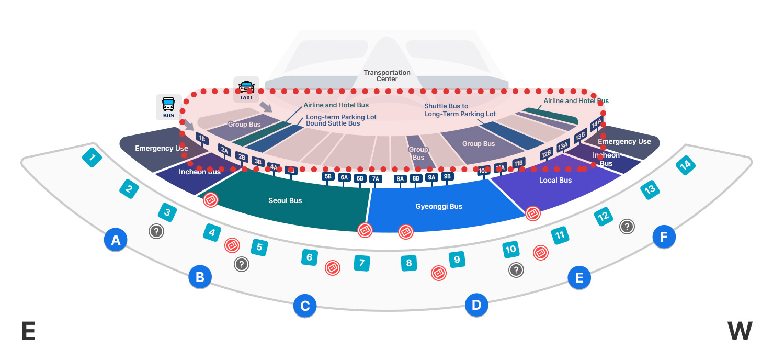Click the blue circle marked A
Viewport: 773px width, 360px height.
(116, 240)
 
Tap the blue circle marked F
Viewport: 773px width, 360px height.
(664, 237)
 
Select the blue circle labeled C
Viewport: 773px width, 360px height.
(304, 306)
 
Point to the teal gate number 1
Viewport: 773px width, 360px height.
(92, 157)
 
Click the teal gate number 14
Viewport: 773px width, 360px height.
(685, 165)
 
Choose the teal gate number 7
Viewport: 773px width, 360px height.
(361, 263)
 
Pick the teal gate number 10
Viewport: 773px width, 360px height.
(510, 250)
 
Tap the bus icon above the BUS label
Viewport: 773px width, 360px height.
(168, 104)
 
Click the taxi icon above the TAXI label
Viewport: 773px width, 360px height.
(246, 87)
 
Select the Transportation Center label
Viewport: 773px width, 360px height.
(387, 76)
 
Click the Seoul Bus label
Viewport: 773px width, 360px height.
(285, 200)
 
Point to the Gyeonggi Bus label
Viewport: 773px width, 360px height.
(439, 206)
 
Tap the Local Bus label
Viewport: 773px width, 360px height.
(555, 180)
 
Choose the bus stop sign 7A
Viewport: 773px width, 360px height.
(375, 179)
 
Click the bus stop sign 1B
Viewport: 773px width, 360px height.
(202, 138)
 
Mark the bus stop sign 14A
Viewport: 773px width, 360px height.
(596, 125)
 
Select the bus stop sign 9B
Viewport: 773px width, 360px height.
(447, 176)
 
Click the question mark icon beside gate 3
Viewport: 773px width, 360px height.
(156, 231)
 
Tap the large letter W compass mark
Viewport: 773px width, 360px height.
(740, 331)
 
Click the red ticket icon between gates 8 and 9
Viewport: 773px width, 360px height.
(439, 273)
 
